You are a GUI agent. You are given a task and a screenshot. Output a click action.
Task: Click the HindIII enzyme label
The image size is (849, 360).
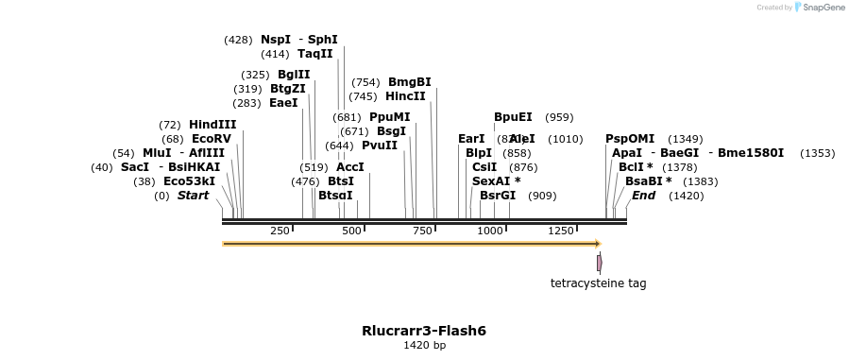point(212,124)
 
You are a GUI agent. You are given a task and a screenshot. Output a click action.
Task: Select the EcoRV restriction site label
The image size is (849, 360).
point(211,138)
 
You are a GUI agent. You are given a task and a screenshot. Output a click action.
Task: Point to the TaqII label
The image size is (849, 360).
point(314,54)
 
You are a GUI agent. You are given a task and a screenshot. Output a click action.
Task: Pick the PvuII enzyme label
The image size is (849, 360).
point(379,146)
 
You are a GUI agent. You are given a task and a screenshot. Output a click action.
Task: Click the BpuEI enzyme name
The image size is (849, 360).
point(513,117)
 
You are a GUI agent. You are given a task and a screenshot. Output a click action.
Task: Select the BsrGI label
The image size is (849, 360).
point(498,196)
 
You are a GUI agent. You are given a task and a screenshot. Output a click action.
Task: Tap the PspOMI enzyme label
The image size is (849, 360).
point(629,139)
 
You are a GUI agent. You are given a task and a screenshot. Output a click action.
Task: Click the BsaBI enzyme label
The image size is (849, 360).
point(648,180)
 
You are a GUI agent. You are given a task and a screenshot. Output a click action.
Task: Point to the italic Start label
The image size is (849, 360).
point(193,196)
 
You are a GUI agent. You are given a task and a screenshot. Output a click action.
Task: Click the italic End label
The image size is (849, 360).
point(643,196)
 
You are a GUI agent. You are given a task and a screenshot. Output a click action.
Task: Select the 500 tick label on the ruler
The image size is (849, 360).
point(351,231)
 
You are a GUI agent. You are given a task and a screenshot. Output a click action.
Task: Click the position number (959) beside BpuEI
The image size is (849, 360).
point(559,117)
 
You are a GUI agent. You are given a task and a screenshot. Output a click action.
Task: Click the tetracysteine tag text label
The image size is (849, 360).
point(599,283)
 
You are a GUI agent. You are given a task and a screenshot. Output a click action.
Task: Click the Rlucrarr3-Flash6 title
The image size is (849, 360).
point(424,331)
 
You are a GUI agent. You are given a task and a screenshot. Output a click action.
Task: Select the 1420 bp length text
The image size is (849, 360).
point(424,346)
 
